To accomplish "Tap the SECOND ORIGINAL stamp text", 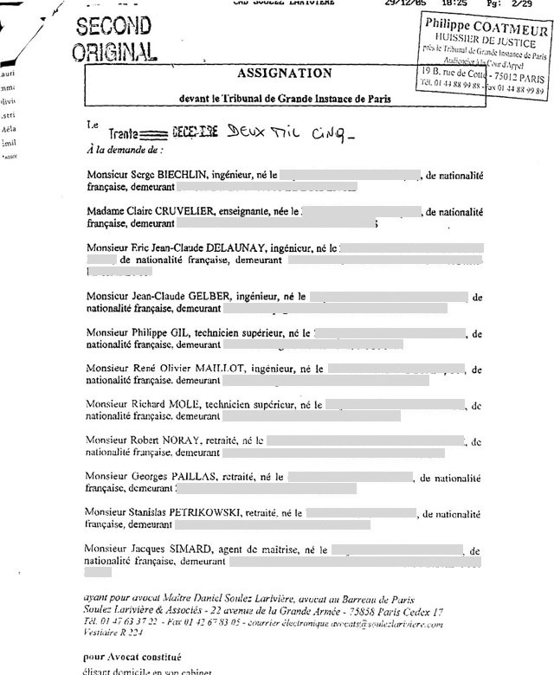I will coord(115,39).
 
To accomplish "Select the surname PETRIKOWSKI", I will coord(202,512).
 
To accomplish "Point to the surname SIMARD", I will coord(184,549).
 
